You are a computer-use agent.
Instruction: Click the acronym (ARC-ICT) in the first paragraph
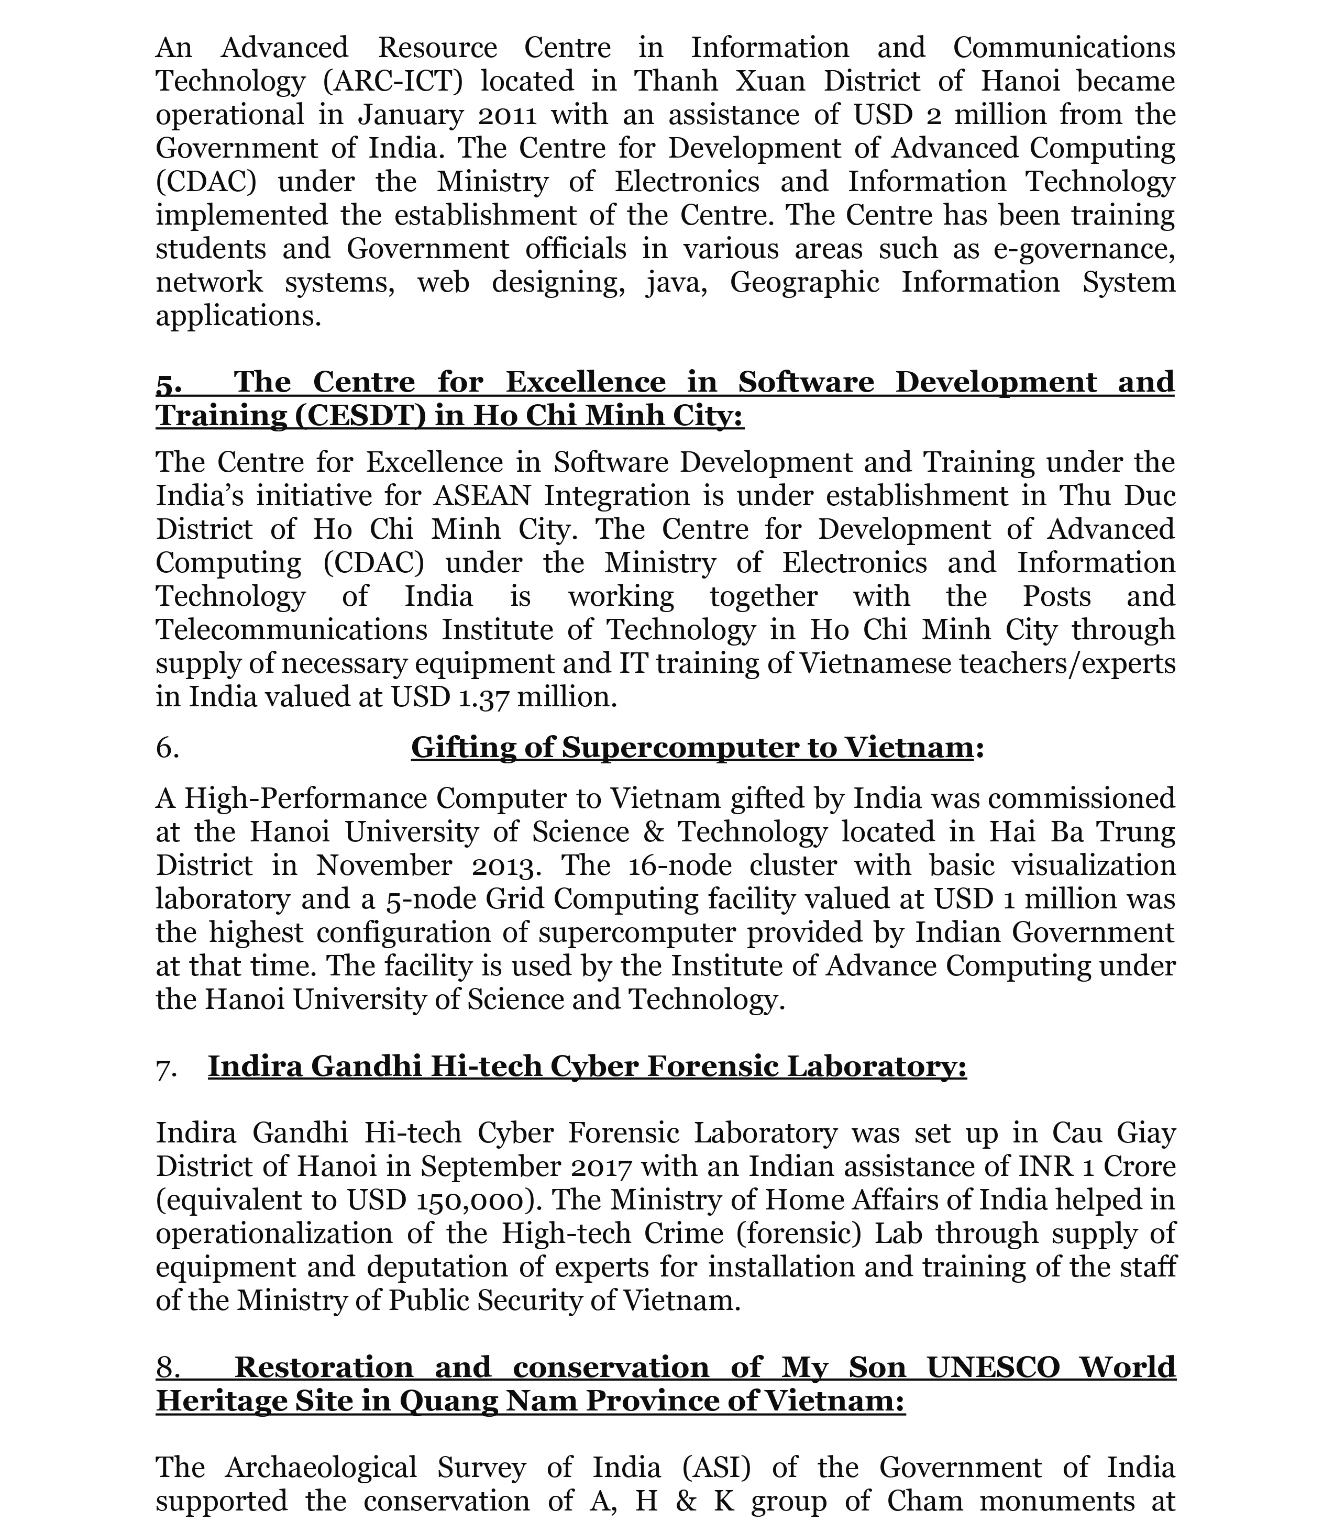click(x=393, y=81)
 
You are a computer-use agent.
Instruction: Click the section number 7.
click(x=167, y=1067)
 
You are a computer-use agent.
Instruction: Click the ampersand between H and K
click(x=686, y=1501)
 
